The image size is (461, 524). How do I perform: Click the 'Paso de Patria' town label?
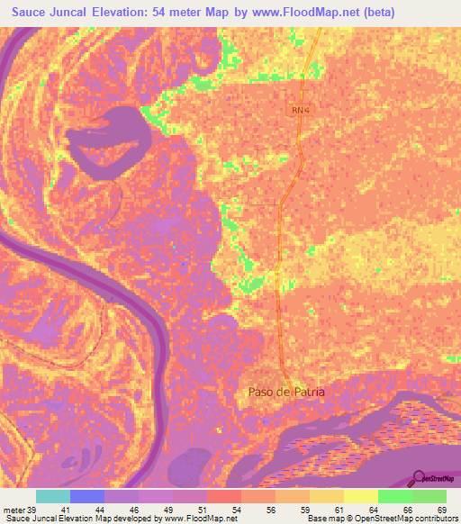[285, 392]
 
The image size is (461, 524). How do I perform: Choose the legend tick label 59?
[311, 509]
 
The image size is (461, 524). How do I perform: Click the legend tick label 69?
[441, 509]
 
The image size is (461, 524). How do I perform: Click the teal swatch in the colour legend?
[53, 496]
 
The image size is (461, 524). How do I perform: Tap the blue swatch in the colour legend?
[87, 496]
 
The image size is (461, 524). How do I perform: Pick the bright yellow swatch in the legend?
[361, 496]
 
